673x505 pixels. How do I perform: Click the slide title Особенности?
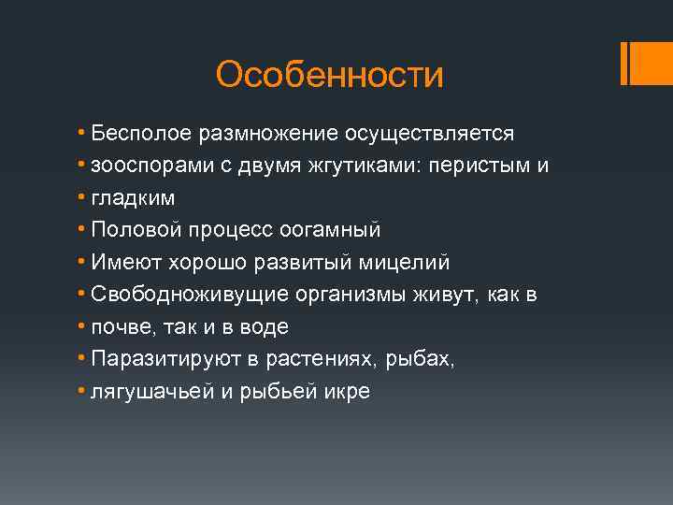329,75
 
